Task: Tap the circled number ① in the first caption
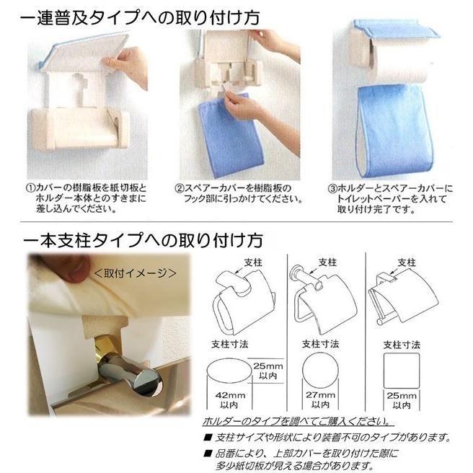[x=32, y=187]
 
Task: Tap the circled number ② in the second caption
[x=180, y=187]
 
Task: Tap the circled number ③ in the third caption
[x=332, y=187]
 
